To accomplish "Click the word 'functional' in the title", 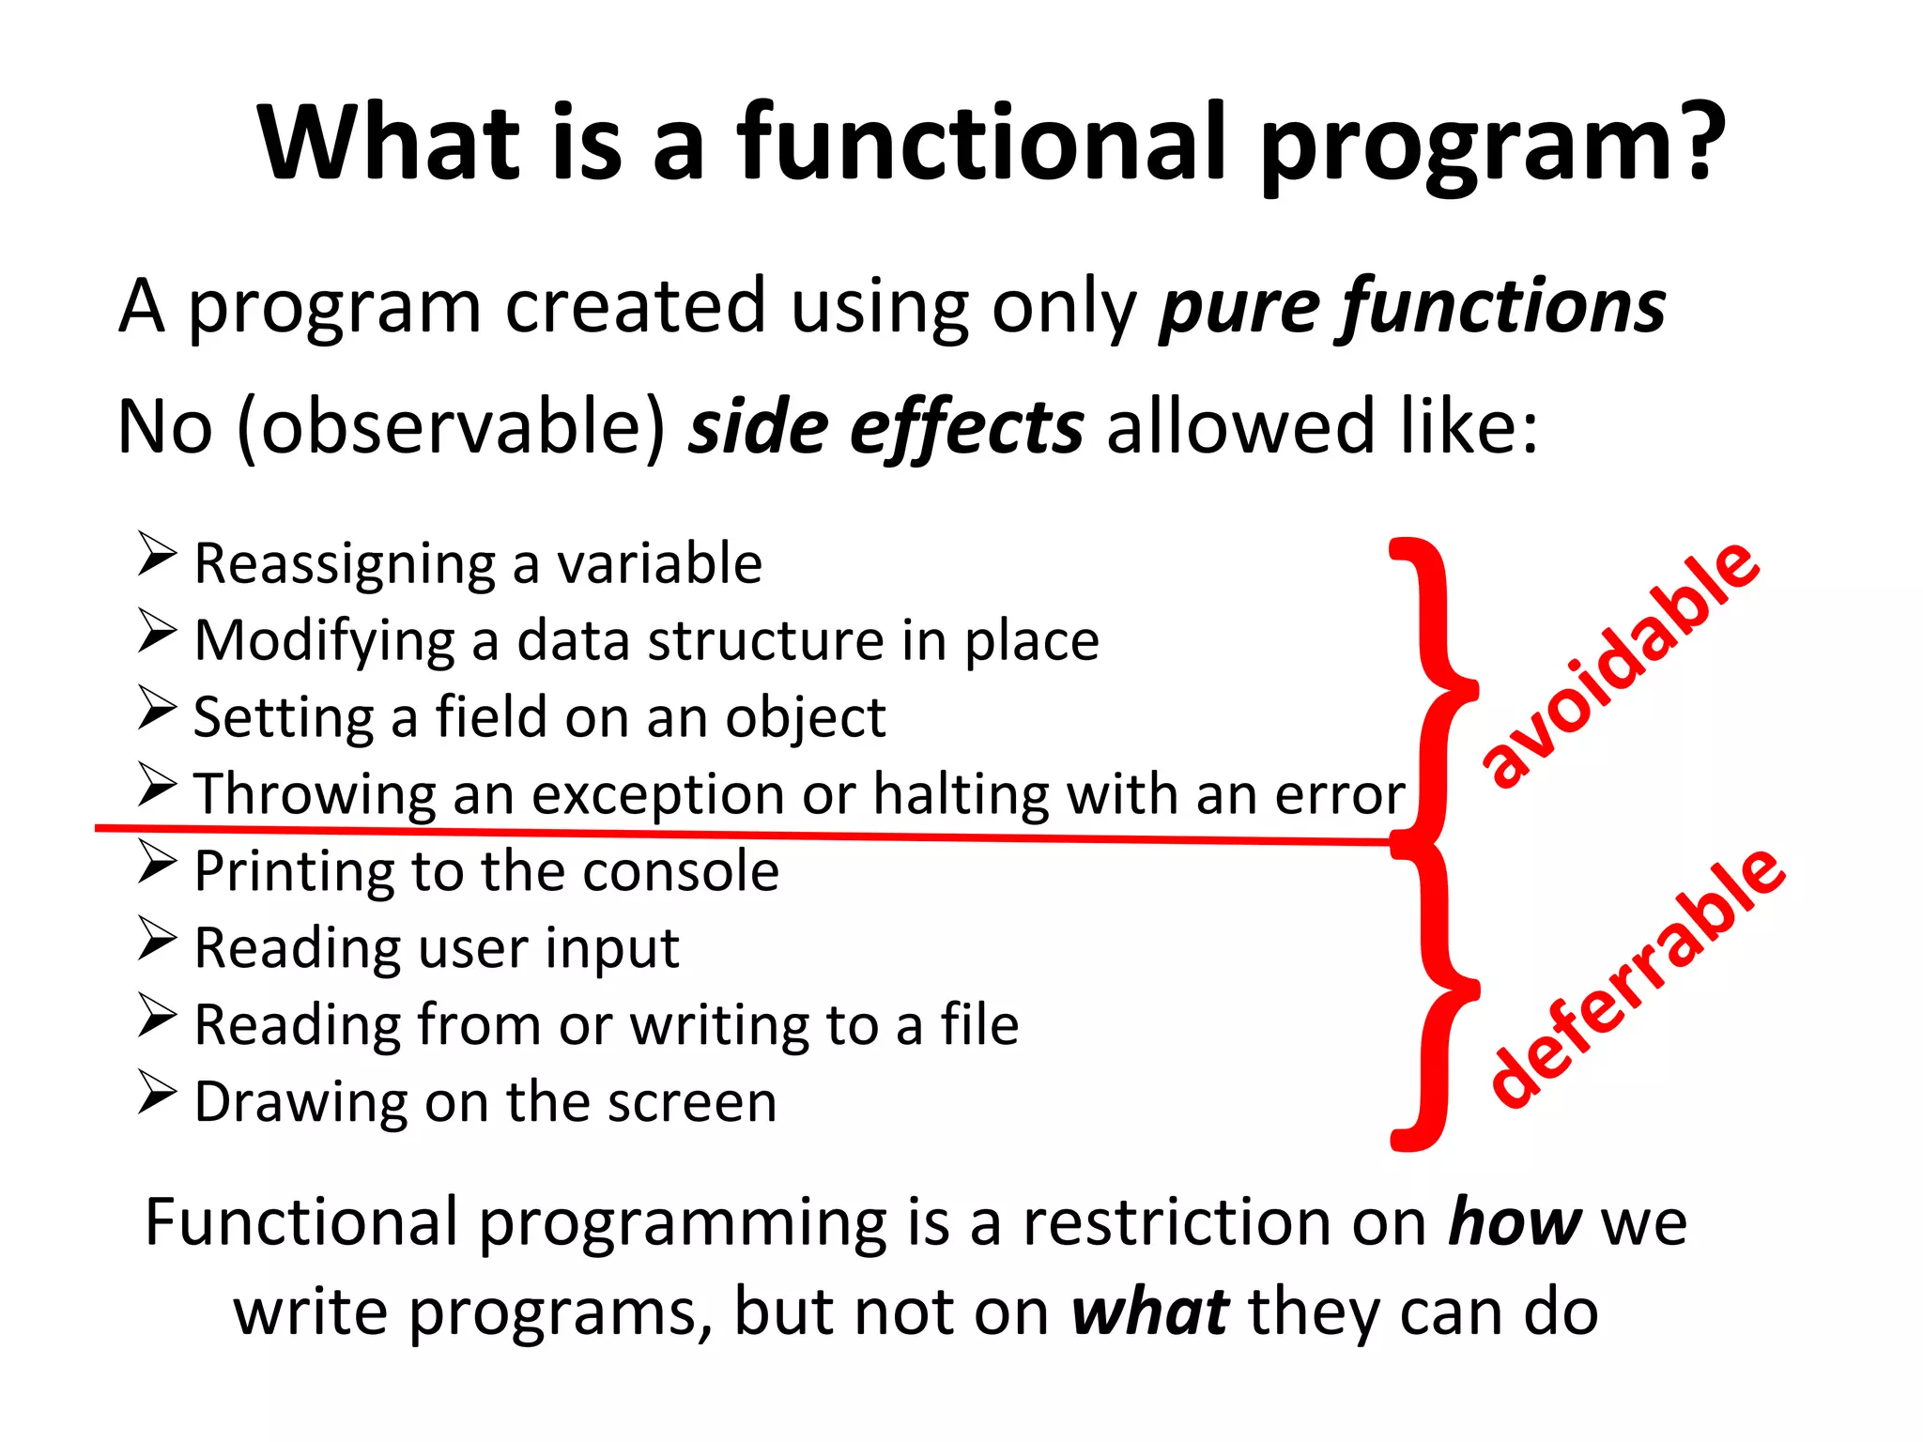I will click(981, 143).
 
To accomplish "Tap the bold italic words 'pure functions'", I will click(1411, 308).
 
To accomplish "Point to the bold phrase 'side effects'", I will click(886, 427).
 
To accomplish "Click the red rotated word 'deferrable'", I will click(1639, 976).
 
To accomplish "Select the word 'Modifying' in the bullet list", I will click(325, 642).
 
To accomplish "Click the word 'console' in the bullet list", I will click(681, 871).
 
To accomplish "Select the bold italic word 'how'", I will click(1515, 1223).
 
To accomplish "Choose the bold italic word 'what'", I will click(1150, 1312).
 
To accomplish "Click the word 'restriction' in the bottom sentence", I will click(1177, 1223).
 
